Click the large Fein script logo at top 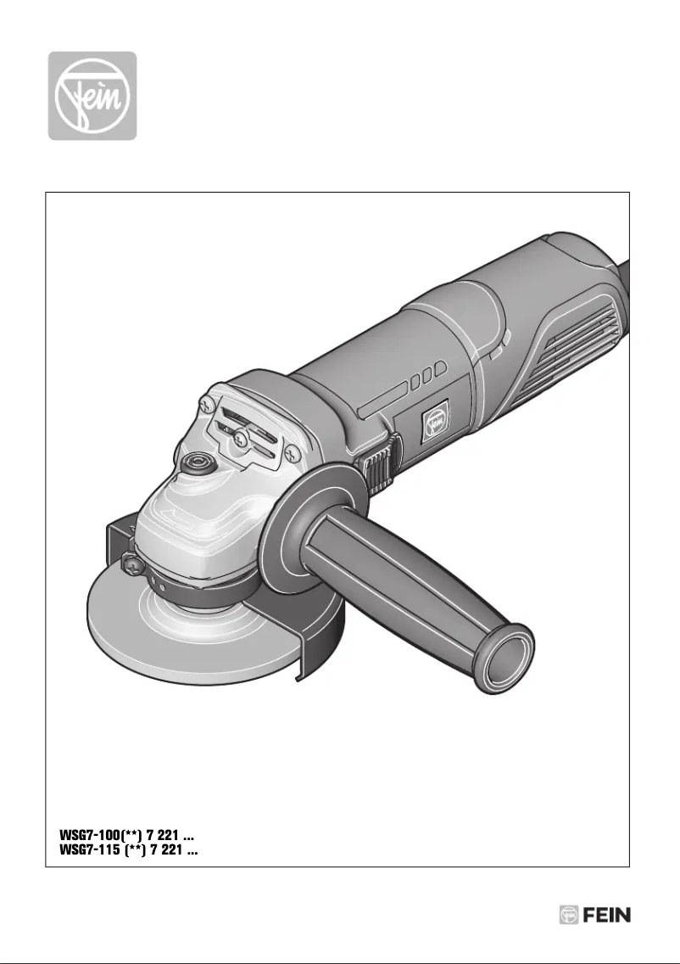tap(92, 95)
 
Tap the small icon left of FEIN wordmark tap(569, 916)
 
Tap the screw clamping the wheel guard tap(130, 562)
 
